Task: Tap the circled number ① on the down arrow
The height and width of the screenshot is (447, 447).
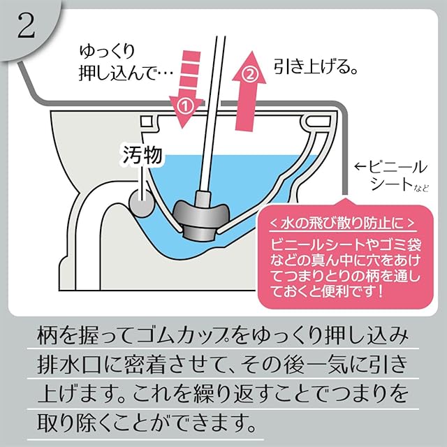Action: tap(185, 106)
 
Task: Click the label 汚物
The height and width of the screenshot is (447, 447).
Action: tap(143, 156)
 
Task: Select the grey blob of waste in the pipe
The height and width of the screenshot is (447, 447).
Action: tap(142, 206)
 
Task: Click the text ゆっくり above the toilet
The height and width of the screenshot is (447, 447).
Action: tap(109, 52)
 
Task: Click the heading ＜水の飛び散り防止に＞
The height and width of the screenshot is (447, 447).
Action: tap(342, 223)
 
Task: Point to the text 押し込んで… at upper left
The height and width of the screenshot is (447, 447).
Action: tap(119, 71)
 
